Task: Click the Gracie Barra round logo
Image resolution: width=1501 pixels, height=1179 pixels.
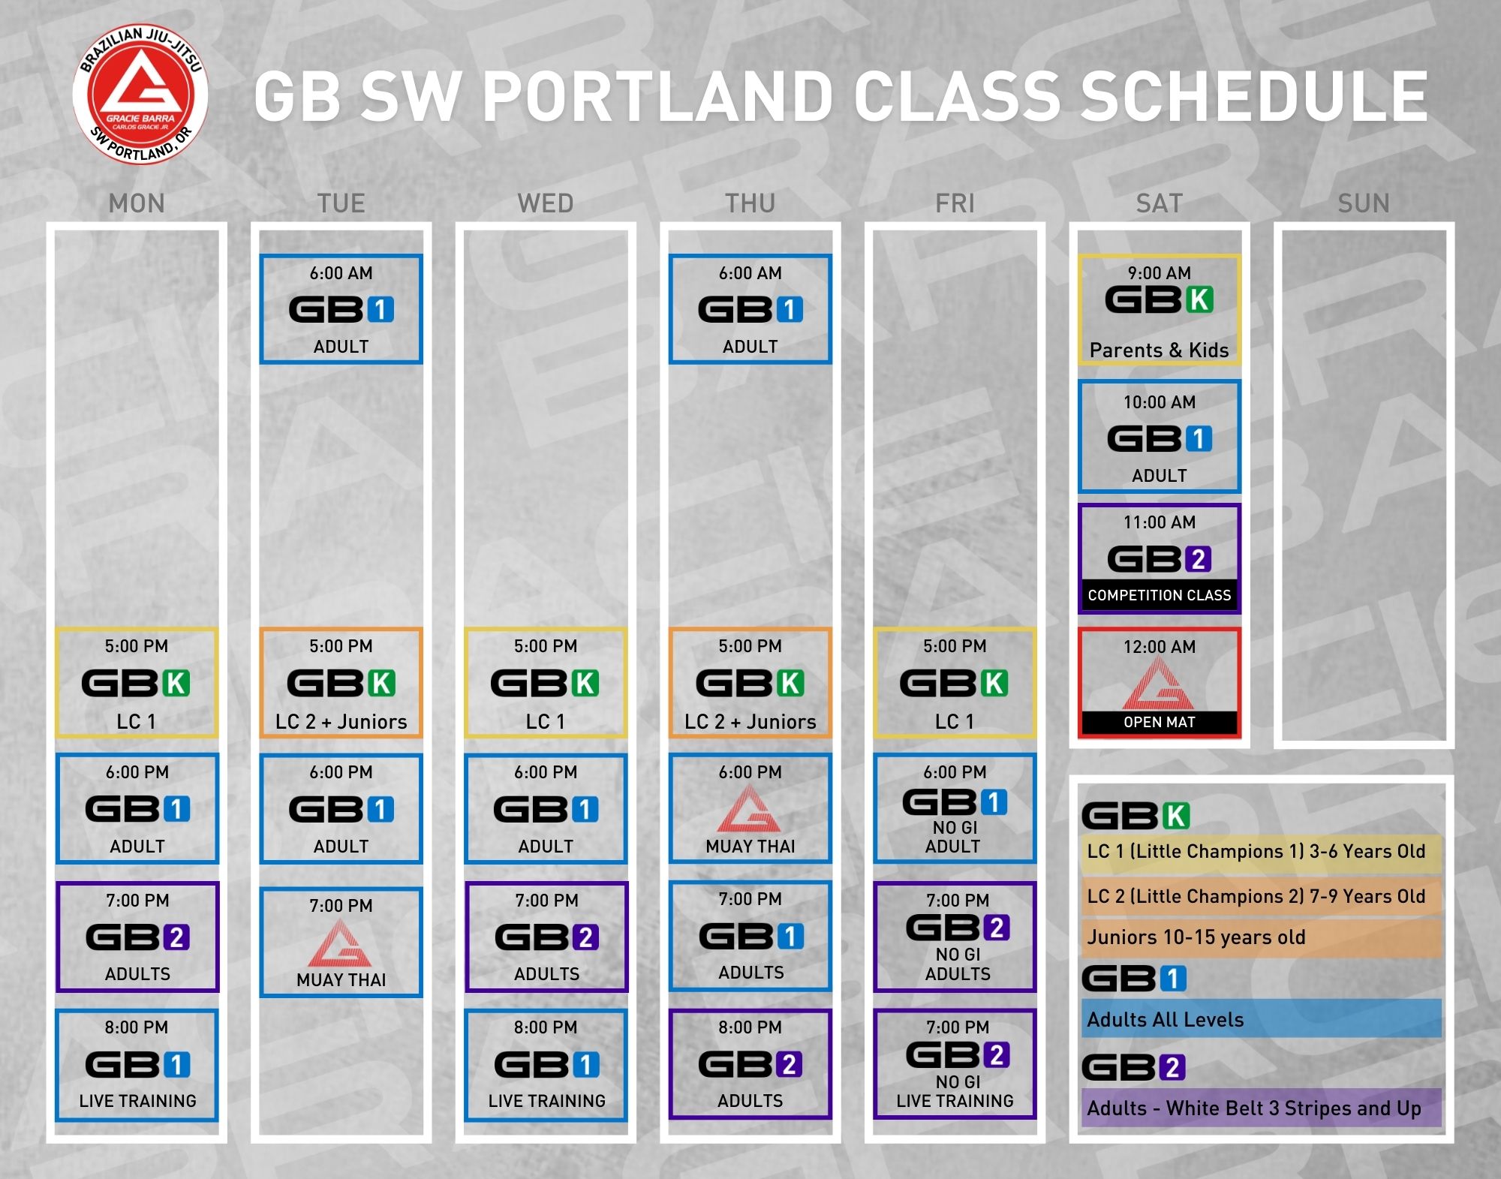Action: [x=140, y=95]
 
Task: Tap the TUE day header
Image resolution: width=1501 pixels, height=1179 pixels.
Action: [x=341, y=203]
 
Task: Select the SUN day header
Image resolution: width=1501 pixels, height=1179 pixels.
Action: [x=1364, y=203]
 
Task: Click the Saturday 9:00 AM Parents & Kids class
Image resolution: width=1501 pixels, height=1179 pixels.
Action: [x=1160, y=310]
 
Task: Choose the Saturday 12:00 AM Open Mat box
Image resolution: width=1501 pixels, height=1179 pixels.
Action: [x=1160, y=683]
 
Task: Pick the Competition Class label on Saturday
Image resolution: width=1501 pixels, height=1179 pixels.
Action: [x=1160, y=595]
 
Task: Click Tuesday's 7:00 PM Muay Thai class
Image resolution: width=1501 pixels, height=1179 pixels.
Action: [x=341, y=943]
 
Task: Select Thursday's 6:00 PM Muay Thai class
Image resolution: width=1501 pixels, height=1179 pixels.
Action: [x=750, y=809]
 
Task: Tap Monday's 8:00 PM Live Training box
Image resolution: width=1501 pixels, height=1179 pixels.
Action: [x=137, y=1066]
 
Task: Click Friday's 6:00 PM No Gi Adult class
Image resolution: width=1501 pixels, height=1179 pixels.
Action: [x=955, y=809]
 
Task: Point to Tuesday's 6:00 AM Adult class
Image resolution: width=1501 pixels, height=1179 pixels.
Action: [x=341, y=309]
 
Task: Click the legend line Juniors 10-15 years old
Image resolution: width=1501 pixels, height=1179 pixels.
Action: [x=1196, y=937]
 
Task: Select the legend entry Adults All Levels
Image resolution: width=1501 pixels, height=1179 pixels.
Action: [x=1166, y=1020]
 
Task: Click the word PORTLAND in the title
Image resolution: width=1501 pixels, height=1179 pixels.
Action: [x=657, y=97]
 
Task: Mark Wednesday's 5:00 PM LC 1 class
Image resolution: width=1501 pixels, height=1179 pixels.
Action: [x=546, y=683]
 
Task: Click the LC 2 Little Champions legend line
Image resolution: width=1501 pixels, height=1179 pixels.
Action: [x=1256, y=896]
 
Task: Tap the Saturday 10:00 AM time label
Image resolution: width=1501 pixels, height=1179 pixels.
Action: [x=1160, y=402]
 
